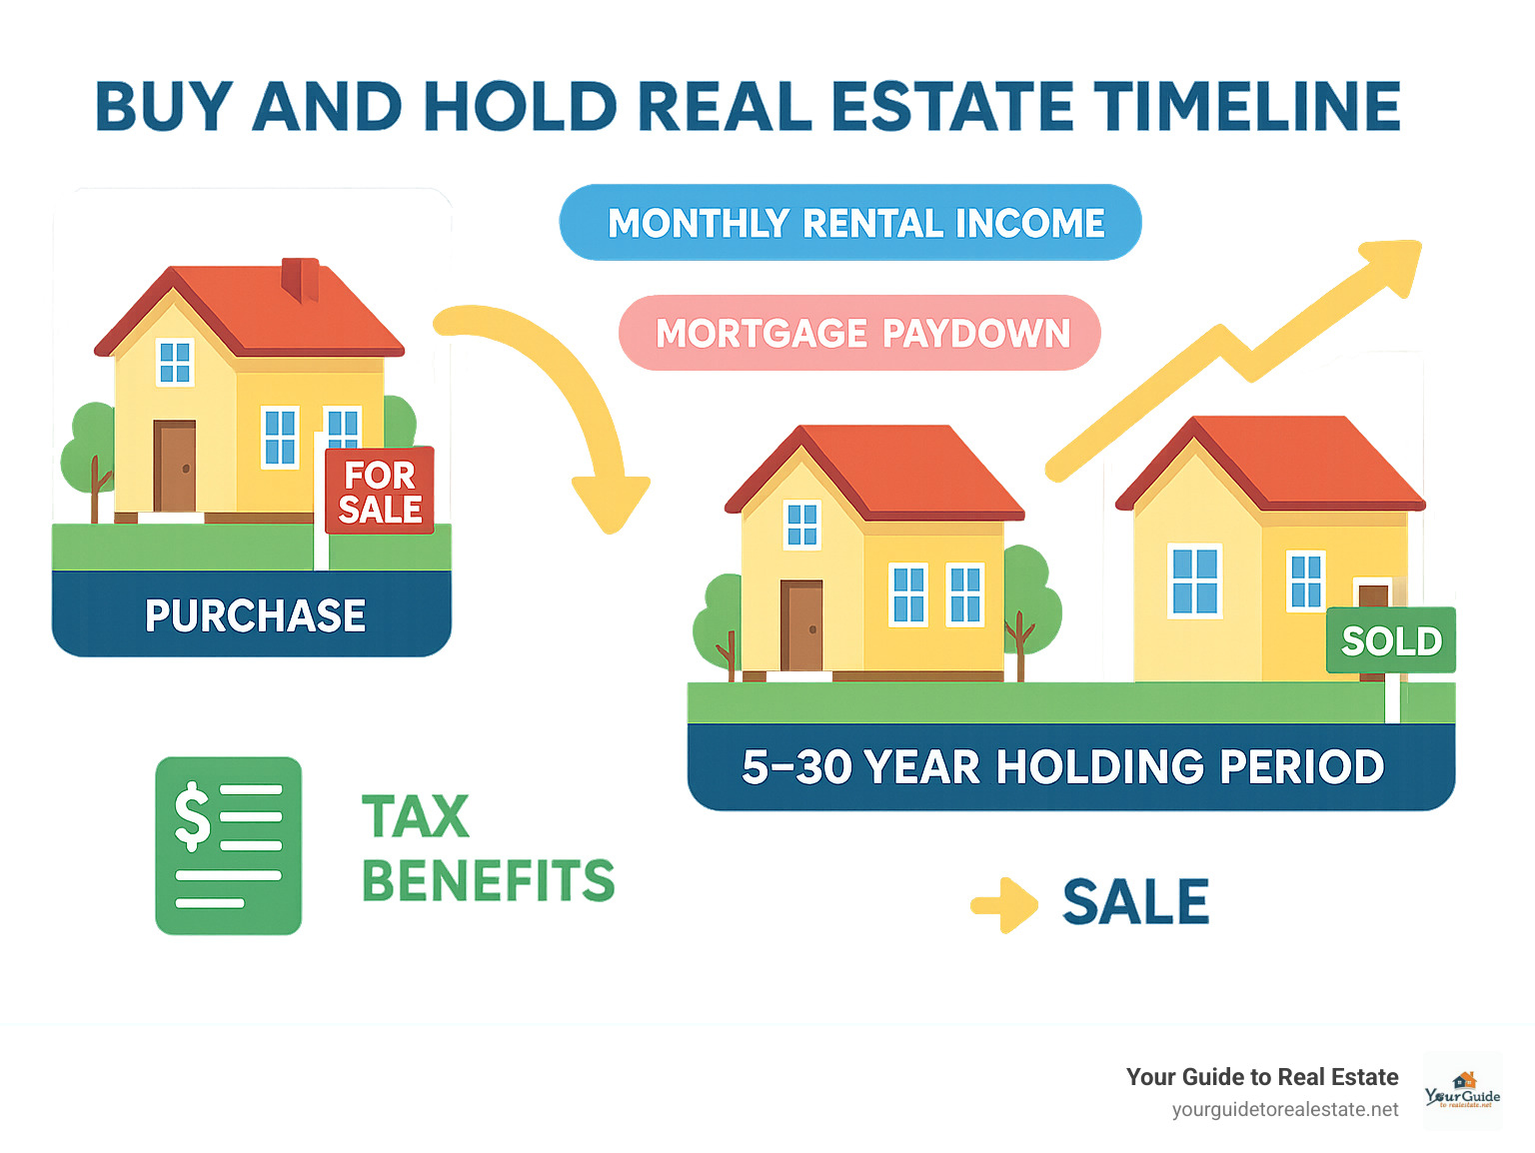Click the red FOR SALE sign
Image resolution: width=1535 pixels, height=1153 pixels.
coord(380,491)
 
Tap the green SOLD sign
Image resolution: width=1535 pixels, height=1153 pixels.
coord(1391,640)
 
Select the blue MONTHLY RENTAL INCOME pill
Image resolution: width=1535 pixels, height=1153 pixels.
coord(850,223)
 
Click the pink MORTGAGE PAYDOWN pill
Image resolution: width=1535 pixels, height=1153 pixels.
coord(860,333)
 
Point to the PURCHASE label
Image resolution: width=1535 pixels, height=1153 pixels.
coord(255,615)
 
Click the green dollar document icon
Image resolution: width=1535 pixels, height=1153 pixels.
coord(229,845)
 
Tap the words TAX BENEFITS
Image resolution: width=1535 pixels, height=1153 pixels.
coord(488,848)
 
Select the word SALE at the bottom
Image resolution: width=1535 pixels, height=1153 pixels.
coord(1135,902)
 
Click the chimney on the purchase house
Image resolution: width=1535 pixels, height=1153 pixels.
coord(300,279)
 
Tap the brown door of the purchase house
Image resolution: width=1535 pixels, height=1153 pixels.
coord(175,467)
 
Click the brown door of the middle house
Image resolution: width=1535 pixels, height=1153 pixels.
coord(802,626)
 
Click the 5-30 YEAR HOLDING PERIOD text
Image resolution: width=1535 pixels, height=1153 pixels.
coord(1062,767)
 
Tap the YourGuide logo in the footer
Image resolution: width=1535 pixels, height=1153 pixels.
coord(1462,1091)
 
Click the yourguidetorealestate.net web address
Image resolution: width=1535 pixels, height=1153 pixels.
coord(1285,1110)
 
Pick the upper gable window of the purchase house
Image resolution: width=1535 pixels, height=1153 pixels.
coord(175,363)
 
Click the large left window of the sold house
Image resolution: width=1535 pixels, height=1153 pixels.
coord(1195,581)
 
